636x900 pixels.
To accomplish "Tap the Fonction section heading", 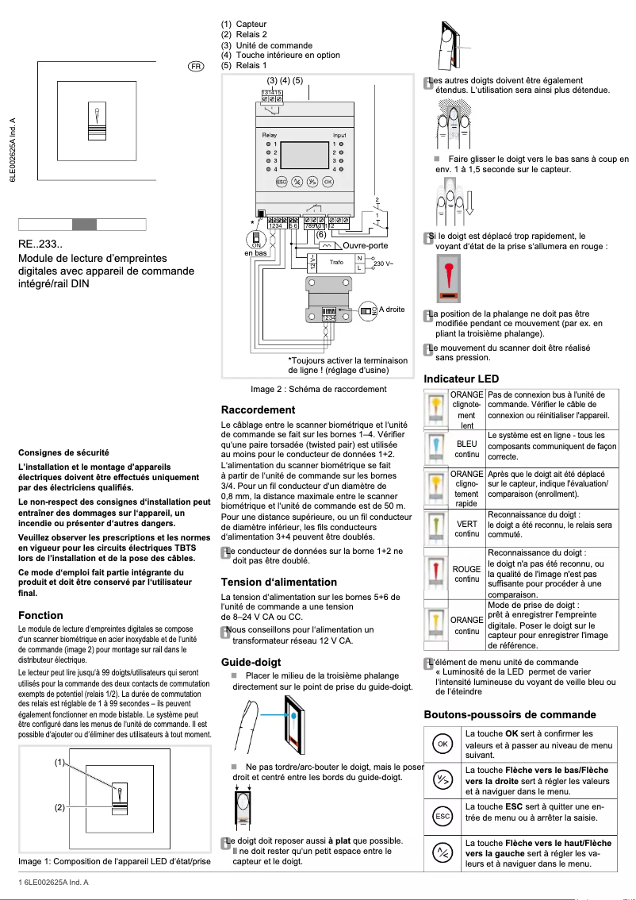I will [x=40, y=615].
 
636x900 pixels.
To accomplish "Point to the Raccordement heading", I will [x=258, y=410].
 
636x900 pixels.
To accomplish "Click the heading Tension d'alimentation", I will [x=278, y=582].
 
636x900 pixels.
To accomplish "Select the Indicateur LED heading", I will [x=462, y=379].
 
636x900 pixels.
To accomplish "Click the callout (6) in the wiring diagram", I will [x=320, y=234].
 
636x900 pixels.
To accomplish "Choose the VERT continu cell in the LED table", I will [x=466, y=529].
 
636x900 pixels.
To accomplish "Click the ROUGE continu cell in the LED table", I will [x=466, y=574].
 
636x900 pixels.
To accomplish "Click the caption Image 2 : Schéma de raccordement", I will [x=318, y=389].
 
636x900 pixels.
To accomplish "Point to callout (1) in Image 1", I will [x=59, y=762].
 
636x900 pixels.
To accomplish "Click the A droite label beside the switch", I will [x=392, y=310].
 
